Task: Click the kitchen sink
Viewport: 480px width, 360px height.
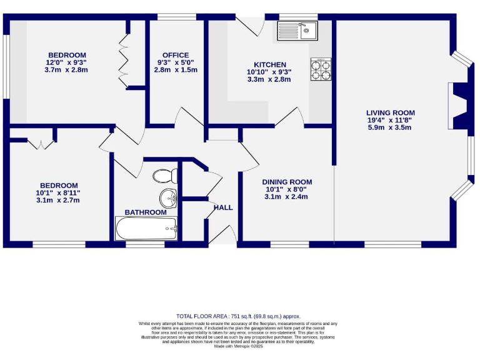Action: (298, 30)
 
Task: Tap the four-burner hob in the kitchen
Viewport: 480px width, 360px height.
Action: (321, 69)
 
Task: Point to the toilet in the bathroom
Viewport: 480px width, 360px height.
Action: (166, 176)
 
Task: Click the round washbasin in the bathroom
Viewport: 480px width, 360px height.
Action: (168, 199)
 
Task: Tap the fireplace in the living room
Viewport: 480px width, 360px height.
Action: (459, 107)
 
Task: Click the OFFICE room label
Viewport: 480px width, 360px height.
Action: (175, 55)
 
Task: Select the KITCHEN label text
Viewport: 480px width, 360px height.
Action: (269, 64)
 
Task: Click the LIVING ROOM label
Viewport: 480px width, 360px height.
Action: (391, 112)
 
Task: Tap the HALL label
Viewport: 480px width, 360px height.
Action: (223, 207)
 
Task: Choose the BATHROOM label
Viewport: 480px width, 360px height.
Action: (146, 212)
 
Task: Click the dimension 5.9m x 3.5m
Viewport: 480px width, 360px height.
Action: (391, 127)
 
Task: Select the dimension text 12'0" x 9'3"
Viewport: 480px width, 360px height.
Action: (66, 62)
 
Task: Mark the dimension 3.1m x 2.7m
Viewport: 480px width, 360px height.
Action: (59, 200)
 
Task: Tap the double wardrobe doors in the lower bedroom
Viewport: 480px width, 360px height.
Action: (41, 144)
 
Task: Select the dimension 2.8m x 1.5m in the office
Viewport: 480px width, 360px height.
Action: (175, 70)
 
